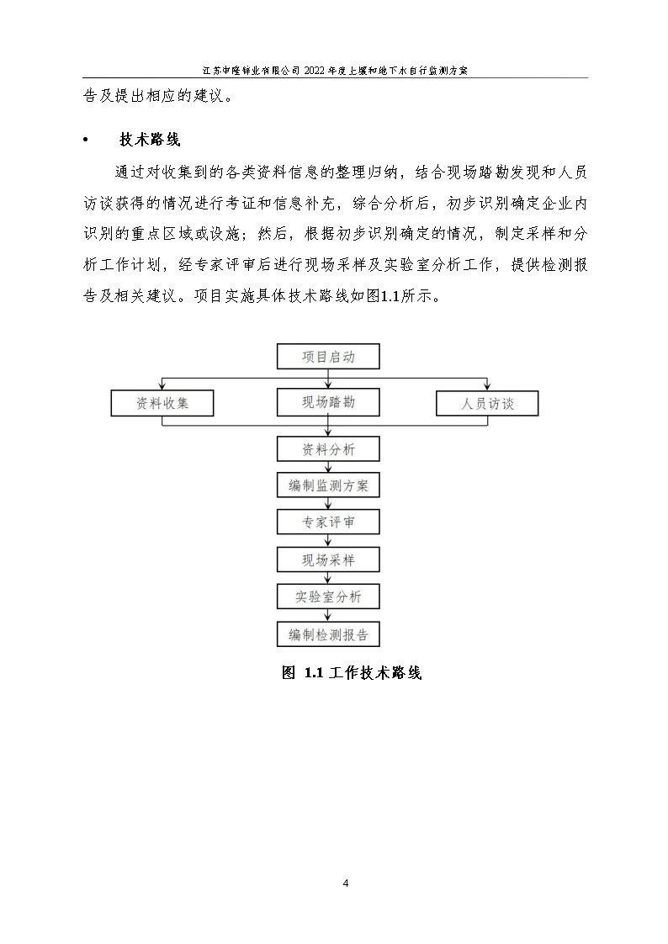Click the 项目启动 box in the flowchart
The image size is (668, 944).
tap(328, 357)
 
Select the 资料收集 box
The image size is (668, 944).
tap(162, 404)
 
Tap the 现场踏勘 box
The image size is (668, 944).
tap(328, 403)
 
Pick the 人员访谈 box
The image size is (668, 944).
tap(487, 405)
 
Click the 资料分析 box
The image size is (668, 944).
tap(328, 449)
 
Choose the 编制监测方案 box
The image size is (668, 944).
tap(328, 485)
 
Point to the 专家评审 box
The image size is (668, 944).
tap(328, 522)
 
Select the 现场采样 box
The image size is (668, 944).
tap(328, 560)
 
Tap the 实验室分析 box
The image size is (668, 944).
tap(328, 597)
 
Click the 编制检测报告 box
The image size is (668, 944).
tap(328, 634)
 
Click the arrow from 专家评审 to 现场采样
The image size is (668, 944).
tap(328, 541)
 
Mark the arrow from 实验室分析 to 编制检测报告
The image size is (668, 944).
tap(328, 615)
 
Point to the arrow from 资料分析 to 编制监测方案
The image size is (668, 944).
tap(328, 467)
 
